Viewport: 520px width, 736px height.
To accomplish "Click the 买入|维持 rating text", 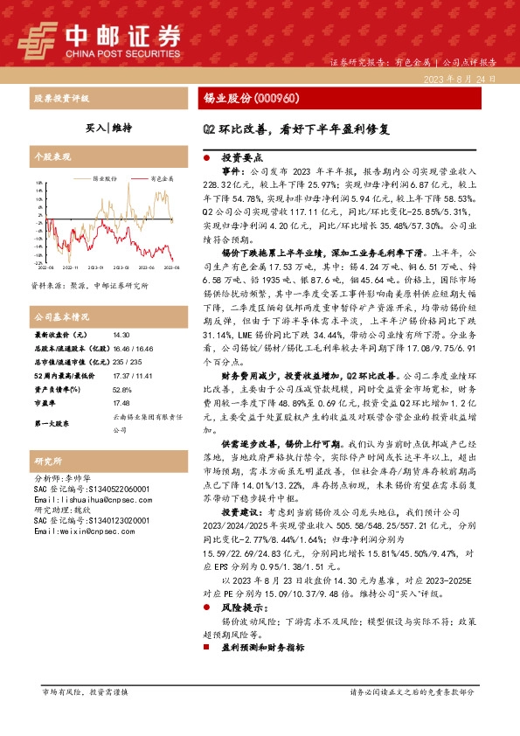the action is [109, 127].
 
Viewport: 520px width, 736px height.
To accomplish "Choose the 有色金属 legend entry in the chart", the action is [162, 177].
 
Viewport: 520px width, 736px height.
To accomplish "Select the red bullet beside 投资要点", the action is [206, 159].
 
